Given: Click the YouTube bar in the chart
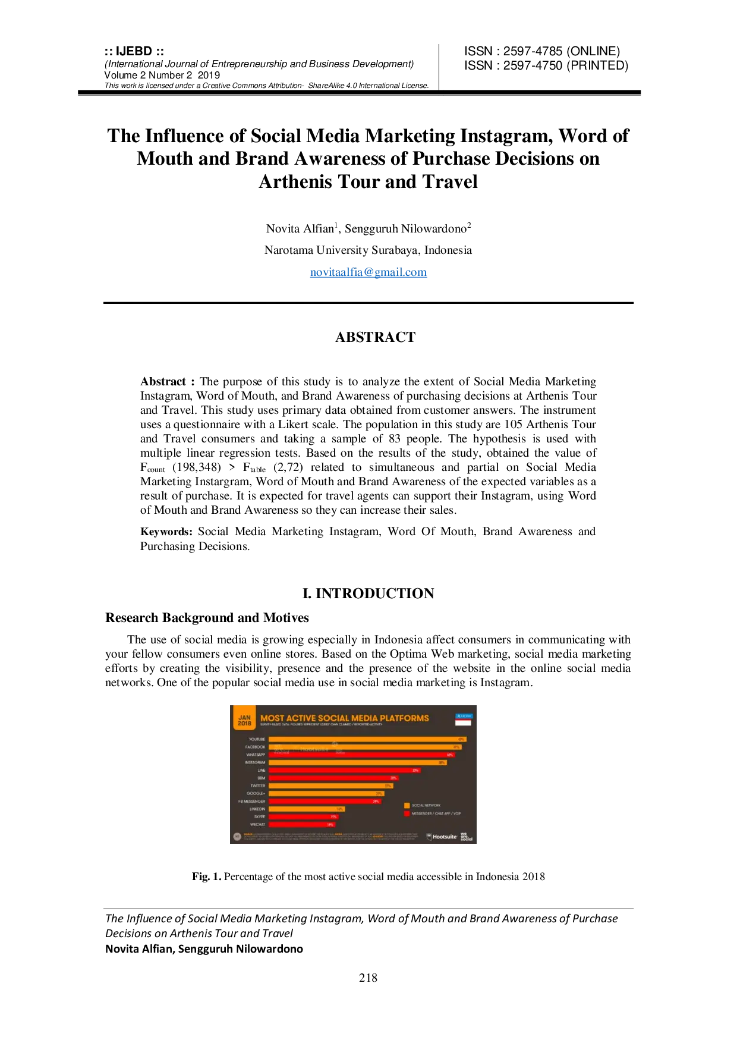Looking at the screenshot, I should point(367,739).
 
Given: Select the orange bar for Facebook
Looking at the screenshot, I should point(364,747).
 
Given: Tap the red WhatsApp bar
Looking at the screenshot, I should point(361,755).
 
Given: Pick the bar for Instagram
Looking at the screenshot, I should point(357,762).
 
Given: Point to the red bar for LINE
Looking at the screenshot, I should point(344,770).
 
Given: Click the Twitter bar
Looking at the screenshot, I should point(330,786).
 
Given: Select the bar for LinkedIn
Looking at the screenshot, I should point(306,809).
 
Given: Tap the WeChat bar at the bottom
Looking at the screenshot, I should point(302,824).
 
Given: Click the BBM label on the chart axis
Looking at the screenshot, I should point(261,778).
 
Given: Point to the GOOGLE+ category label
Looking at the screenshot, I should point(256,793).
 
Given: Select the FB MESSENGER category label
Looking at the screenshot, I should point(251,801).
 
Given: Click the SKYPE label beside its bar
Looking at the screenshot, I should point(260,816).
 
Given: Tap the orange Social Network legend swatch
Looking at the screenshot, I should point(407,806).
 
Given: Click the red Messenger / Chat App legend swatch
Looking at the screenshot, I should point(407,813).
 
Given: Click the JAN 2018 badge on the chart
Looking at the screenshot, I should point(244,720).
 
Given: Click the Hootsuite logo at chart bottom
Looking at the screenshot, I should point(442,837).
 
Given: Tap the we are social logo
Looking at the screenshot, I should point(467,837).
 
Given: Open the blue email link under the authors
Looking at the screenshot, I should point(368,273).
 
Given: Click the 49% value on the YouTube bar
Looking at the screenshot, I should point(461,739).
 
